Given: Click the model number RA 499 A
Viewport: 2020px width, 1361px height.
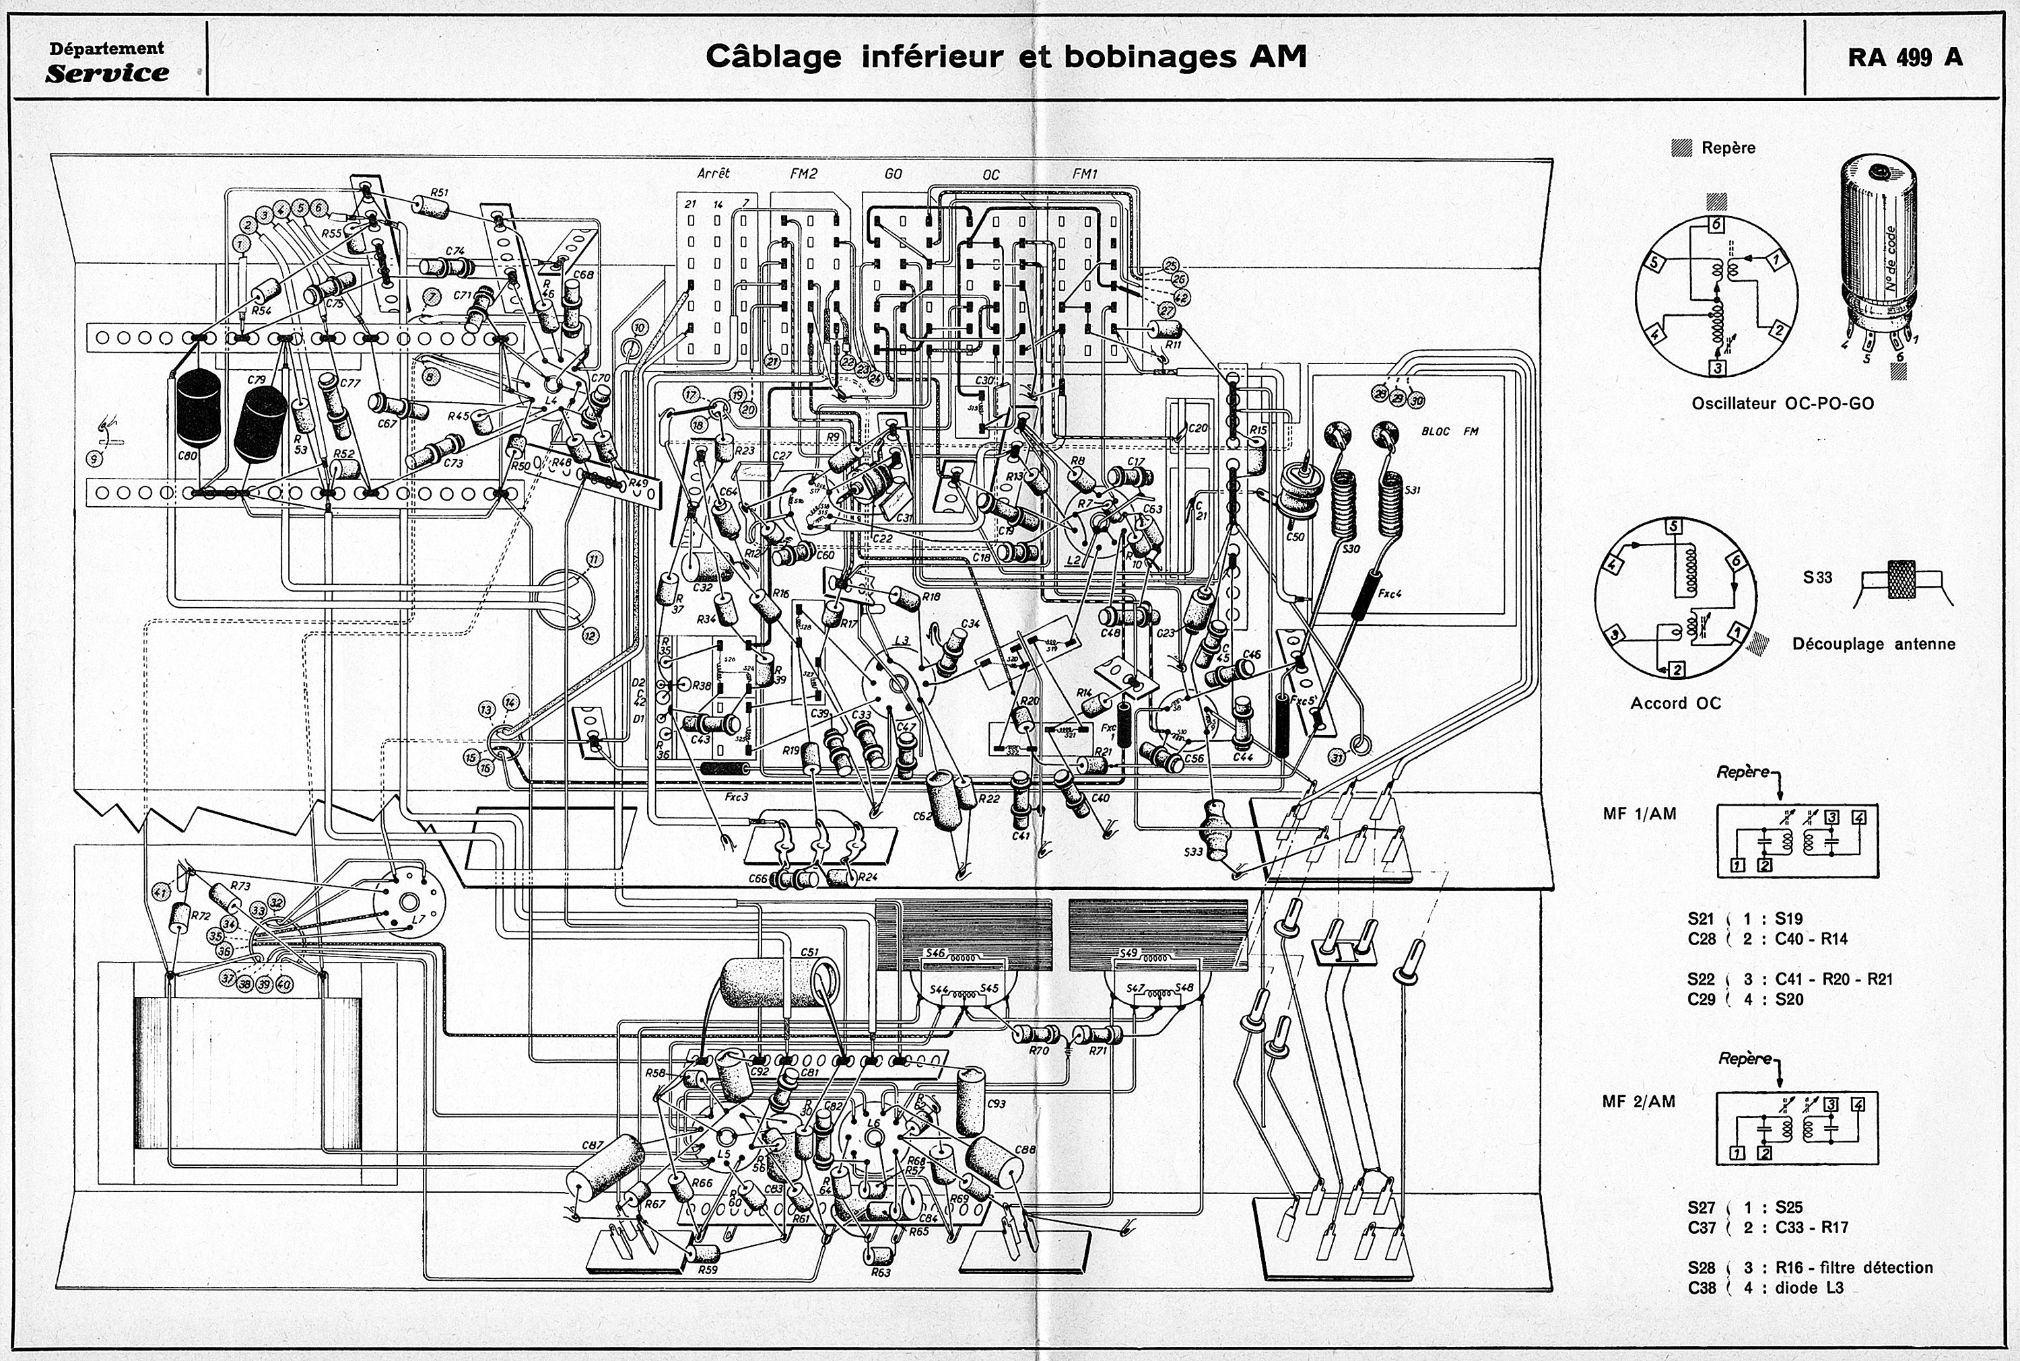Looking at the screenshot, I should point(1905,57).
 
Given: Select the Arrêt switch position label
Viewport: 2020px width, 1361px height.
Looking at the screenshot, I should point(714,174).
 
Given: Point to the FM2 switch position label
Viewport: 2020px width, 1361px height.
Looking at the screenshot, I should point(804,174).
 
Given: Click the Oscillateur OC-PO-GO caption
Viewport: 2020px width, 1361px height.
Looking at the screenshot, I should point(1782,404).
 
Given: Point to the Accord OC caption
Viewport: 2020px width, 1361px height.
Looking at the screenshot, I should point(1675,703).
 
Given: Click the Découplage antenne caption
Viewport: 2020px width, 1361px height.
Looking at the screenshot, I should point(1873,644).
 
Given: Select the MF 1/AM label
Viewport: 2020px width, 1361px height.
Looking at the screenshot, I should point(1640,814).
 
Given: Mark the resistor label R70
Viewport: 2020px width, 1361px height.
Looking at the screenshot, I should point(1038,1050).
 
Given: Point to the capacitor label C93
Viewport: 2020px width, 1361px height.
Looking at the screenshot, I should point(997,1104).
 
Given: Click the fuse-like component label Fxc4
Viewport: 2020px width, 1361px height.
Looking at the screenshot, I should point(1390,594).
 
